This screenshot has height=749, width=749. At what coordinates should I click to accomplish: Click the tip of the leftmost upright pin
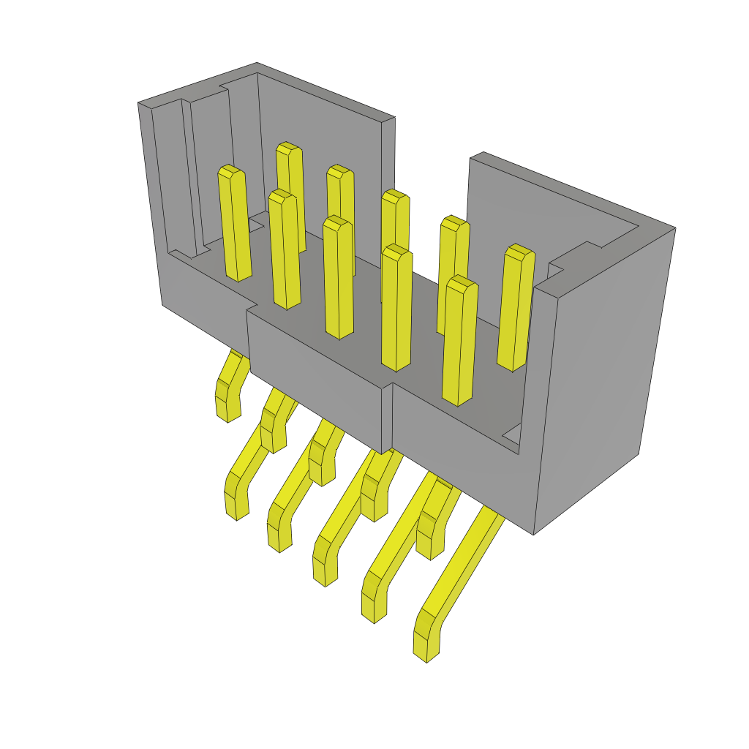coord(230,172)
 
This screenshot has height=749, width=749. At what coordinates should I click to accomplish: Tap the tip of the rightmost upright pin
coord(520,252)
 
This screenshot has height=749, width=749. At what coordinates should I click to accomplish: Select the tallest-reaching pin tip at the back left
coord(288,148)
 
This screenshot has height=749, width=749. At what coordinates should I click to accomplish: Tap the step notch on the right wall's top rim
coord(571,260)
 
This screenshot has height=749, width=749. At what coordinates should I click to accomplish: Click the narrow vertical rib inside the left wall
coord(187,176)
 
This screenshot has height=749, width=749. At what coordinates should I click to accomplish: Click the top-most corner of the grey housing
coord(257,64)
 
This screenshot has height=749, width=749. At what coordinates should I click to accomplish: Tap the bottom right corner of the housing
coord(534,534)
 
